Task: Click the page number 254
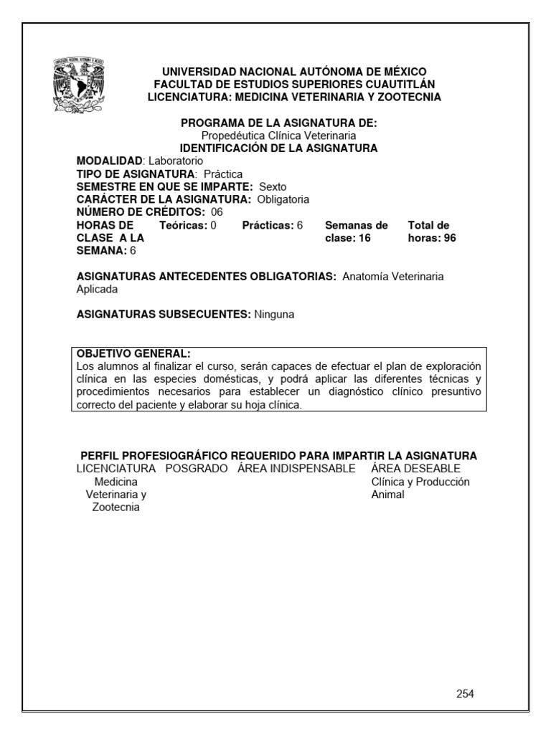(x=465, y=693)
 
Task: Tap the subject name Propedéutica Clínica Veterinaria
(x=278, y=135)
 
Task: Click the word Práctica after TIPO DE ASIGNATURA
(x=223, y=174)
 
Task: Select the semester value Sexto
(x=273, y=186)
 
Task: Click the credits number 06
(x=217, y=212)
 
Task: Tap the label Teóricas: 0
(x=187, y=225)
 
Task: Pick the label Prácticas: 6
(x=273, y=225)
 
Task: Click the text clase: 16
(x=348, y=238)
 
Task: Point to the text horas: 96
(x=432, y=238)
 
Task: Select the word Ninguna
(x=274, y=314)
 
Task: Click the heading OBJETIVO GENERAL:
(x=133, y=353)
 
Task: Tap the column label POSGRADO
(x=196, y=469)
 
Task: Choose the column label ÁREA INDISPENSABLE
(x=296, y=469)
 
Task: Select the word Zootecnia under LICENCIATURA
(x=116, y=507)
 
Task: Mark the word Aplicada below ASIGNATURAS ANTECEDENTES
(x=96, y=289)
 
